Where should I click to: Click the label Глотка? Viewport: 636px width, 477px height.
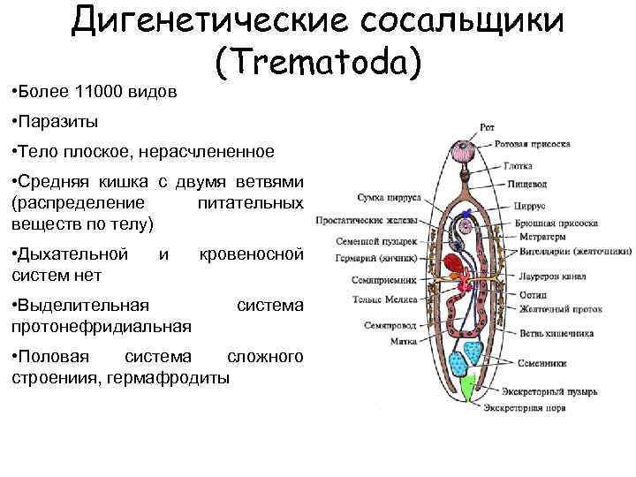point(518,165)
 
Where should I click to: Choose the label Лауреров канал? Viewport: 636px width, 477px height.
point(543,276)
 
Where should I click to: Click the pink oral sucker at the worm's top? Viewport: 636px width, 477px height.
point(465,151)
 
